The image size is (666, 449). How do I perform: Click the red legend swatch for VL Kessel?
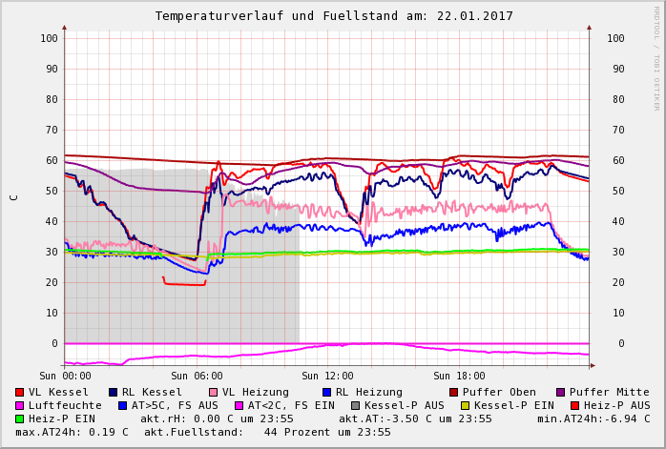tap(19, 392)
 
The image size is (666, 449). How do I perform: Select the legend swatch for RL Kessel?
tap(113, 392)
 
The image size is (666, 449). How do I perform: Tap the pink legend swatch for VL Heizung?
tap(213, 392)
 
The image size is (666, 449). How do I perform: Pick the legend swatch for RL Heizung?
tap(326, 392)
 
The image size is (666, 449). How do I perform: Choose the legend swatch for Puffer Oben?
tap(453, 392)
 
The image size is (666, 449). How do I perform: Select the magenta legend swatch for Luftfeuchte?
tap(19, 405)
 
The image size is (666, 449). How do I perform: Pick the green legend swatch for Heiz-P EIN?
tap(19, 418)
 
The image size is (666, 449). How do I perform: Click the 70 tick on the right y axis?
tap(615, 130)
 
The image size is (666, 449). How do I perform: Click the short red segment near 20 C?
tap(184, 283)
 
